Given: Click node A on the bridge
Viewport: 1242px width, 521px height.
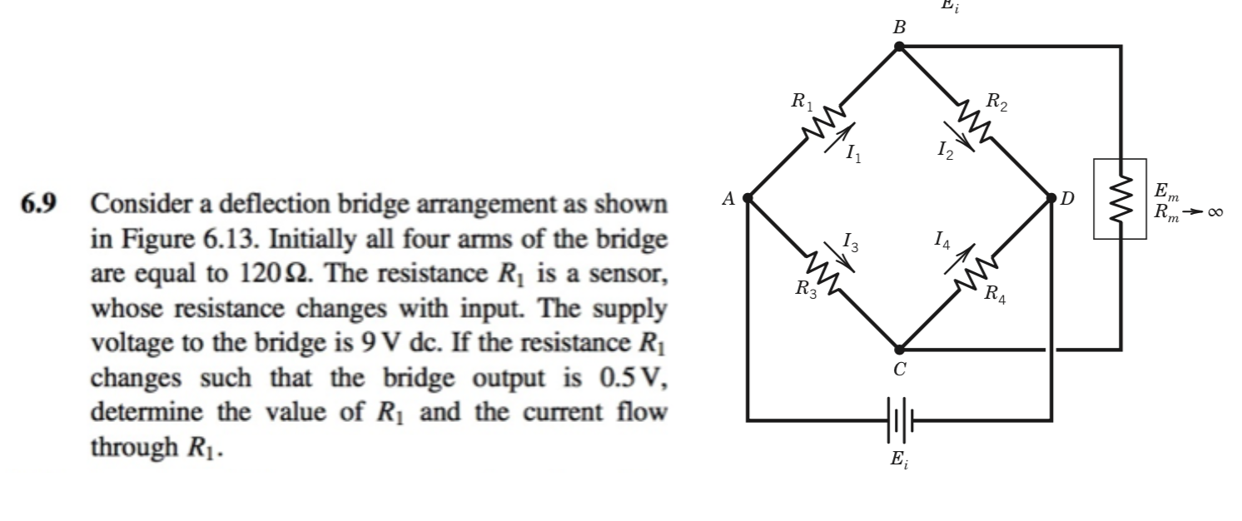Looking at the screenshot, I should (748, 198).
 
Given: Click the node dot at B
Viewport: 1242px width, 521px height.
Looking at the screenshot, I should (899, 47).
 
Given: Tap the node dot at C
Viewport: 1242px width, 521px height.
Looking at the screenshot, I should (899, 350).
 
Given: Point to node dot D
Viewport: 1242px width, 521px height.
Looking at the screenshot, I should (1051, 198).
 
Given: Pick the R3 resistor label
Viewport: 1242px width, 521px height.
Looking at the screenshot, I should (805, 290).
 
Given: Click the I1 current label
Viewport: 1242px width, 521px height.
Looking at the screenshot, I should (850, 152).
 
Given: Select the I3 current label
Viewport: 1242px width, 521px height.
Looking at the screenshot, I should (850, 243).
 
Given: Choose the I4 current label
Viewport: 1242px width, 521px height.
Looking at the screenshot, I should (941, 242).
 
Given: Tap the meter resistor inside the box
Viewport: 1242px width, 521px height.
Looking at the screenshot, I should (1120, 198).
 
